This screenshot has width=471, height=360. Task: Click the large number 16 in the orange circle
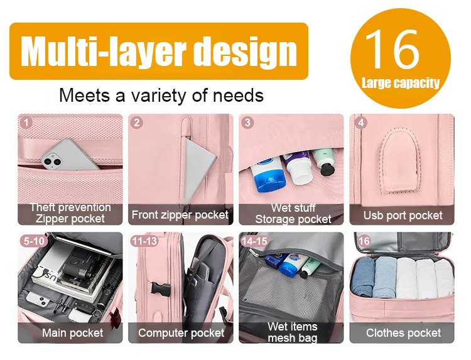tap(393, 48)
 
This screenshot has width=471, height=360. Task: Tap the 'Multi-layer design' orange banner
tap(159, 51)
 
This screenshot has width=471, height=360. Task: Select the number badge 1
tap(26, 123)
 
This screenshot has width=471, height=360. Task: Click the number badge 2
tap(137, 123)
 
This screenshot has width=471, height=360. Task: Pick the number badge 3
tap(247, 123)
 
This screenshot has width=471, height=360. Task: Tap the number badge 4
tap(360, 123)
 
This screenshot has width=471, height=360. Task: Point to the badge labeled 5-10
tap(34, 241)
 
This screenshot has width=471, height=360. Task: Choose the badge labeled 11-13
tap(145, 241)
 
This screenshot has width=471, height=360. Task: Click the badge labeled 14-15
tap(255, 241)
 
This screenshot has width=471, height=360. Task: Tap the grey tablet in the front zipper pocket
tap(199, 168)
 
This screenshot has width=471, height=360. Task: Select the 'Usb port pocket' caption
tap(403, 215)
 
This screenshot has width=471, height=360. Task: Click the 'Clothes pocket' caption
tap(403, 332)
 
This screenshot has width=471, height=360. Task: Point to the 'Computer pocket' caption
tap(181, 332)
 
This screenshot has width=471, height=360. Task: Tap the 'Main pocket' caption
tap(72, 332)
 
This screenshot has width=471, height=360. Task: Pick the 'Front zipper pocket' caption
tap(180, 215)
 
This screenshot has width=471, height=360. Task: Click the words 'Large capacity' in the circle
tap(401, 83)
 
